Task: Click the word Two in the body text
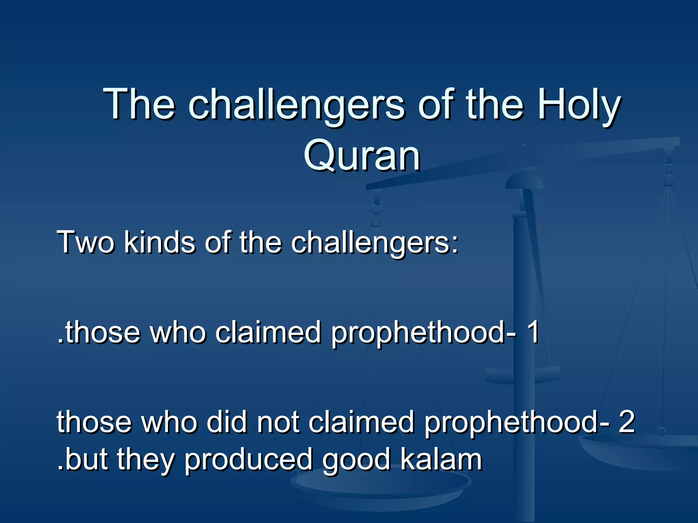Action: pos(86,242)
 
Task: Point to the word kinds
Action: pos(160,242)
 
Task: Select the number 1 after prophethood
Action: pos(532,332)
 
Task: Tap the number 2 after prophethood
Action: pos(626,422)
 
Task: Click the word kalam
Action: pos(441,460)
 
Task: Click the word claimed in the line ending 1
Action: pos(269,332)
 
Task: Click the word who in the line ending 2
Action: pos(169,422)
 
